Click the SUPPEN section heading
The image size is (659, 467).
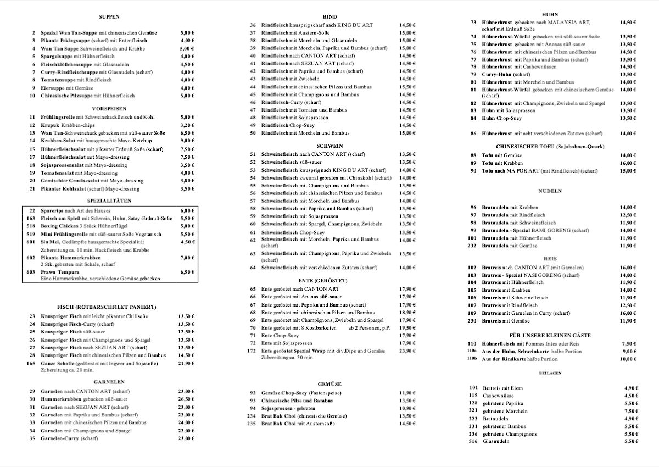[x=109, y=17]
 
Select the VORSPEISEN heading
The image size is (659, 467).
[x=109, y=109]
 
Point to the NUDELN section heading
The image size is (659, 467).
[x=550, y=191]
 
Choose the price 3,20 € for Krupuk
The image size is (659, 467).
[x=187, y=125]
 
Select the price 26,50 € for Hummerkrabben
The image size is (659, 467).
[x=187, y=399]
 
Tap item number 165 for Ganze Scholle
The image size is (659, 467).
[x=31, y=364]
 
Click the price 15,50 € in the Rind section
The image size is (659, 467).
[x=407, y=87]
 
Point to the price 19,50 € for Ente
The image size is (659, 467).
[x=407, y=328]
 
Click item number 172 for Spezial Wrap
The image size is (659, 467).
[x=252, y=351]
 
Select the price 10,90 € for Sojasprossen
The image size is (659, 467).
[x=407, y=408]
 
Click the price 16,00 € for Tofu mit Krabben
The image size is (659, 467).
[x=628, y=163]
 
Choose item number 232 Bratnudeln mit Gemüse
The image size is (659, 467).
[x=471, y=246]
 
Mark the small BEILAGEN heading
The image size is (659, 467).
[x=550, y=373]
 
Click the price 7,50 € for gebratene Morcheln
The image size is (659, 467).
[x=632, y=411]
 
